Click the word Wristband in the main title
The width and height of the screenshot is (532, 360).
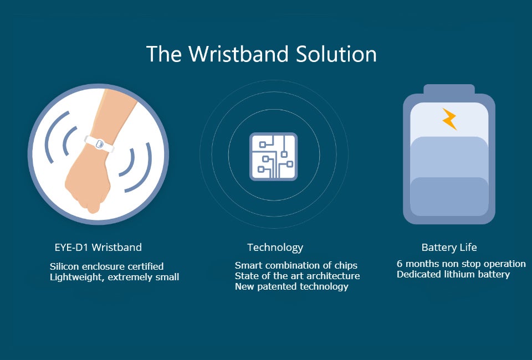click(x=238, y=54)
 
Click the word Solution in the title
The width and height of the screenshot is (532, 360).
click(x=336, y=54)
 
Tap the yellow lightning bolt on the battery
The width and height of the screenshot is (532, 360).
click(x=449, y=119)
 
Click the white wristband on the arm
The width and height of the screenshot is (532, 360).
click(x=99, y=144)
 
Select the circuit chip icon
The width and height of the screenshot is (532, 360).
click(x=273, y=156)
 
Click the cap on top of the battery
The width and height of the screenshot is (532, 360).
click(x=449, y=90)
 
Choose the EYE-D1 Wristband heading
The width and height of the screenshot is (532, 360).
click(x=98, y=247)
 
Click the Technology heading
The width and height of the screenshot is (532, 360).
click(x=275, y=248)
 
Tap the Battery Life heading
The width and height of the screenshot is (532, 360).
click(x=449, y=248)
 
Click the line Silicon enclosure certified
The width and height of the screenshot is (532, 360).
click(x=106, y=266)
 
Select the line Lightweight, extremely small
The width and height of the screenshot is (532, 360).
click(x=114, y=277)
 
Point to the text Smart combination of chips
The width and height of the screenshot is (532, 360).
click(x=296, y=265)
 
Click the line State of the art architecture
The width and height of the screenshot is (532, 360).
click(x=297, y=276)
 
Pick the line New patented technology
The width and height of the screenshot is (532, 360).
click(x=291, y=287)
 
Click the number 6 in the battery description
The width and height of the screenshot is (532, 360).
click(x=400, y=264)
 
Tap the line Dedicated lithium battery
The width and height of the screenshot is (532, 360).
click(x=453, y=274)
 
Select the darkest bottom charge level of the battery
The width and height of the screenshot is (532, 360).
click(x=449, y=197)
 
